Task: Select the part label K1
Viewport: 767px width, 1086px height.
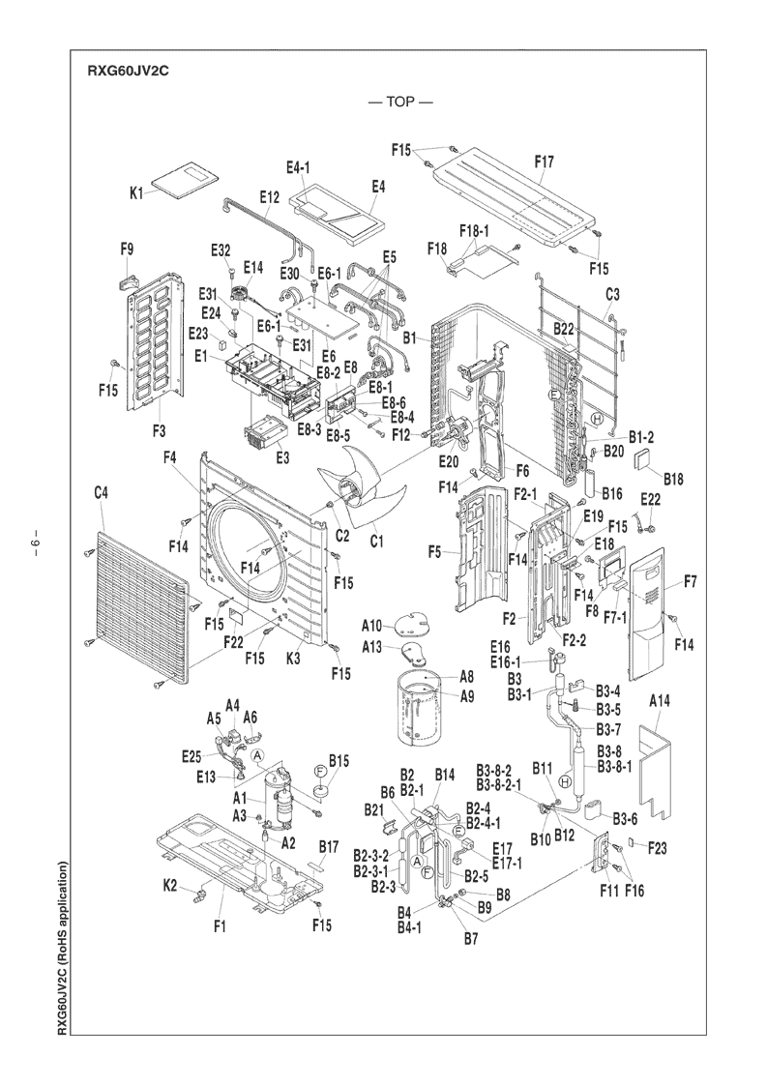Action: click(x=136, y=193)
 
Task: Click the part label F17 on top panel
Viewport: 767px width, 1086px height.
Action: click(x=545, y=162)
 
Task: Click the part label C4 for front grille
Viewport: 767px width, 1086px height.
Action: click(x=101, y=494)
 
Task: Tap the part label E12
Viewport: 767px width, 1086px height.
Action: click(x=270, y=196)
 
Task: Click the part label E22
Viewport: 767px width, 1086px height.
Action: click(x=650, y=498)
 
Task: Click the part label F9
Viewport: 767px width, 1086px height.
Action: click(x=127, y=249)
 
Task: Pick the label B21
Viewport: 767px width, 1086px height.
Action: click(x=375, y=808)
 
